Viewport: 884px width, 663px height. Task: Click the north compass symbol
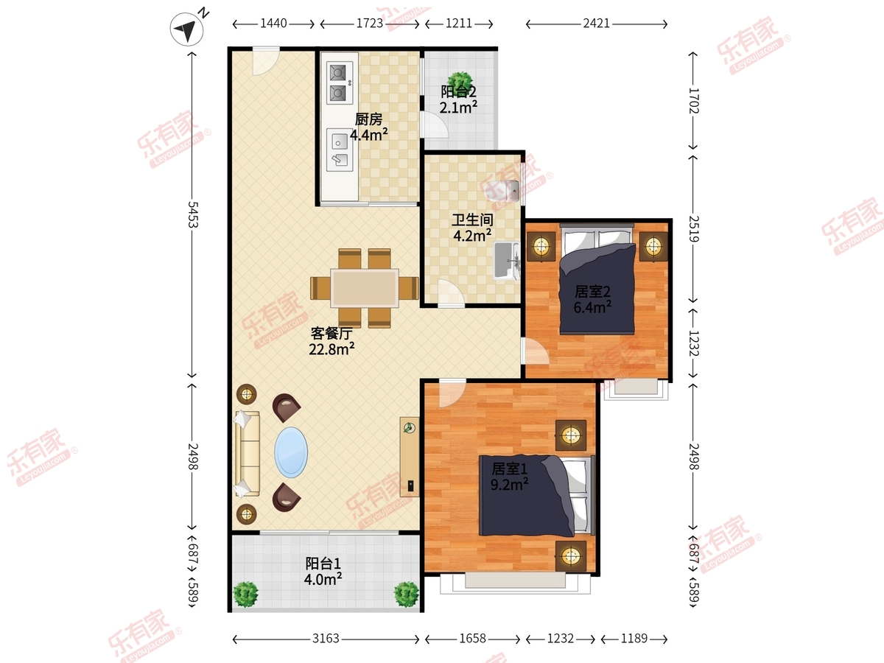coord(186,29)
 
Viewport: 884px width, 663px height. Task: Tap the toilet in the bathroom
coord(502,190)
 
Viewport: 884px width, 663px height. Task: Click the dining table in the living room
coord(365,288)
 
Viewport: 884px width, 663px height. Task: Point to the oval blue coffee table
coord(291,452)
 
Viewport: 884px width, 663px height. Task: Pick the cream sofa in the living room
coord(248,454)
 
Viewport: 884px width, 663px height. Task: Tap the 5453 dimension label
coord(193,214)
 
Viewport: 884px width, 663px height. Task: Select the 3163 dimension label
coord(326,639)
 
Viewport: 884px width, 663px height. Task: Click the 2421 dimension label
coord(597,24)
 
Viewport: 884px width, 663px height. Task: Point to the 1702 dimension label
coord(693,101)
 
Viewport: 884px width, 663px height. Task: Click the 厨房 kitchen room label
coord(368,119)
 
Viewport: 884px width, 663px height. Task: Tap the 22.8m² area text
coord(331,348)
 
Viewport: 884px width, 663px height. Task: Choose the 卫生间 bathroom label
coord(472,220)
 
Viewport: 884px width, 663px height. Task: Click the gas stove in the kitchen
coord(338,83)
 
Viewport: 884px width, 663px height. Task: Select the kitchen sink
coord(340,150)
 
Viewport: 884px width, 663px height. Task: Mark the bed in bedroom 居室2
coord(597,279)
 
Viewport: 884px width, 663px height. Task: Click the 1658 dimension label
coord(473,639)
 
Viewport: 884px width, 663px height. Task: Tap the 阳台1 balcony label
coord(323,563)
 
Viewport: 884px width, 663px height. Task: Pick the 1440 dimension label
coord(273,24)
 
